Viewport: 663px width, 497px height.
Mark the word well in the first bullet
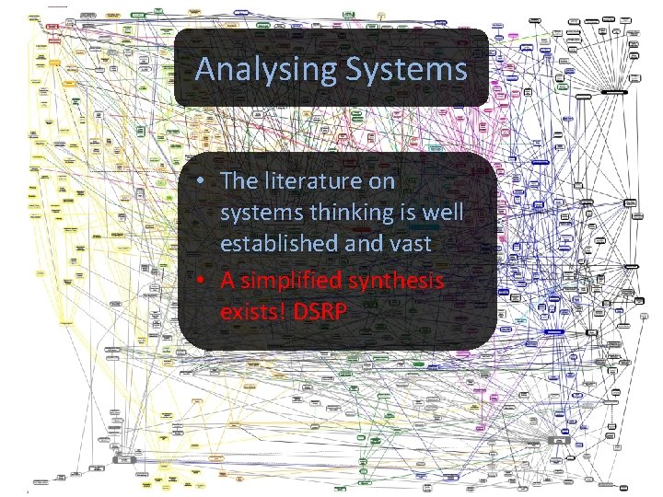[x=443, y=214]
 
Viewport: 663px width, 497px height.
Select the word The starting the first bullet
[x=237, y=182]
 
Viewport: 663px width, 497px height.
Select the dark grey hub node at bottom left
[x=122, y=458]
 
